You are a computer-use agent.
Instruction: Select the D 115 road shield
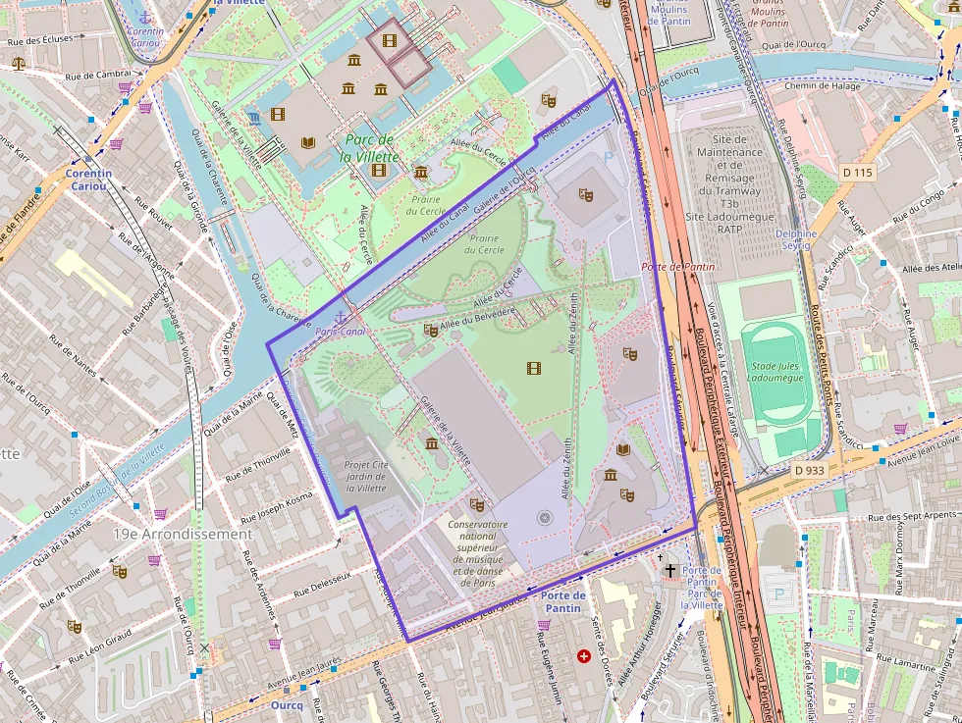tap(857, 173)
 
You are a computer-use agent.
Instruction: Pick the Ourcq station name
tap(287, 704)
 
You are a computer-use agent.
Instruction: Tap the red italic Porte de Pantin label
tap(676, 267)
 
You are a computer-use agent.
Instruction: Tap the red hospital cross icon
tap(585, 655)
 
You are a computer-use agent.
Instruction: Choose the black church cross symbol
tap(669, 569)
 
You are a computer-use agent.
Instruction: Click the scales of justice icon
tap(19, 62)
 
